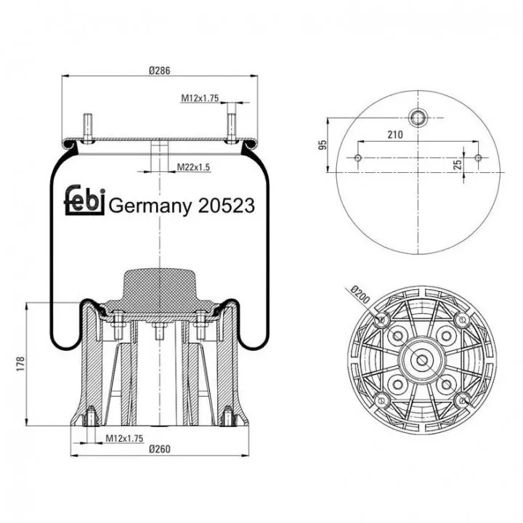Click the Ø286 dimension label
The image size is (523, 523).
pyautogui.click(x=159, y=70)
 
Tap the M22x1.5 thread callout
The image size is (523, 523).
pyautogui.click(x=193, y=167)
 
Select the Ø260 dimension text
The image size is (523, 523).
pyautogui.click(x=159, y=450)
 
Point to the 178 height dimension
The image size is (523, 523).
pyautogui.click(x=20, y=364)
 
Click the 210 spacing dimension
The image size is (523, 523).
pyautogui.click(x=395, y=135)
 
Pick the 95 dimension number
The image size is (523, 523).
pyautogui.click(x=323, y=145)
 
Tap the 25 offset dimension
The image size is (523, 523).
pyautogui.click(x=458, y=164)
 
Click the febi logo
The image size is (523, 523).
pyautogui.click(x=85, y=200)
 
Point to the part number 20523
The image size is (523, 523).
pyautogui.click(x=226, y=206)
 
